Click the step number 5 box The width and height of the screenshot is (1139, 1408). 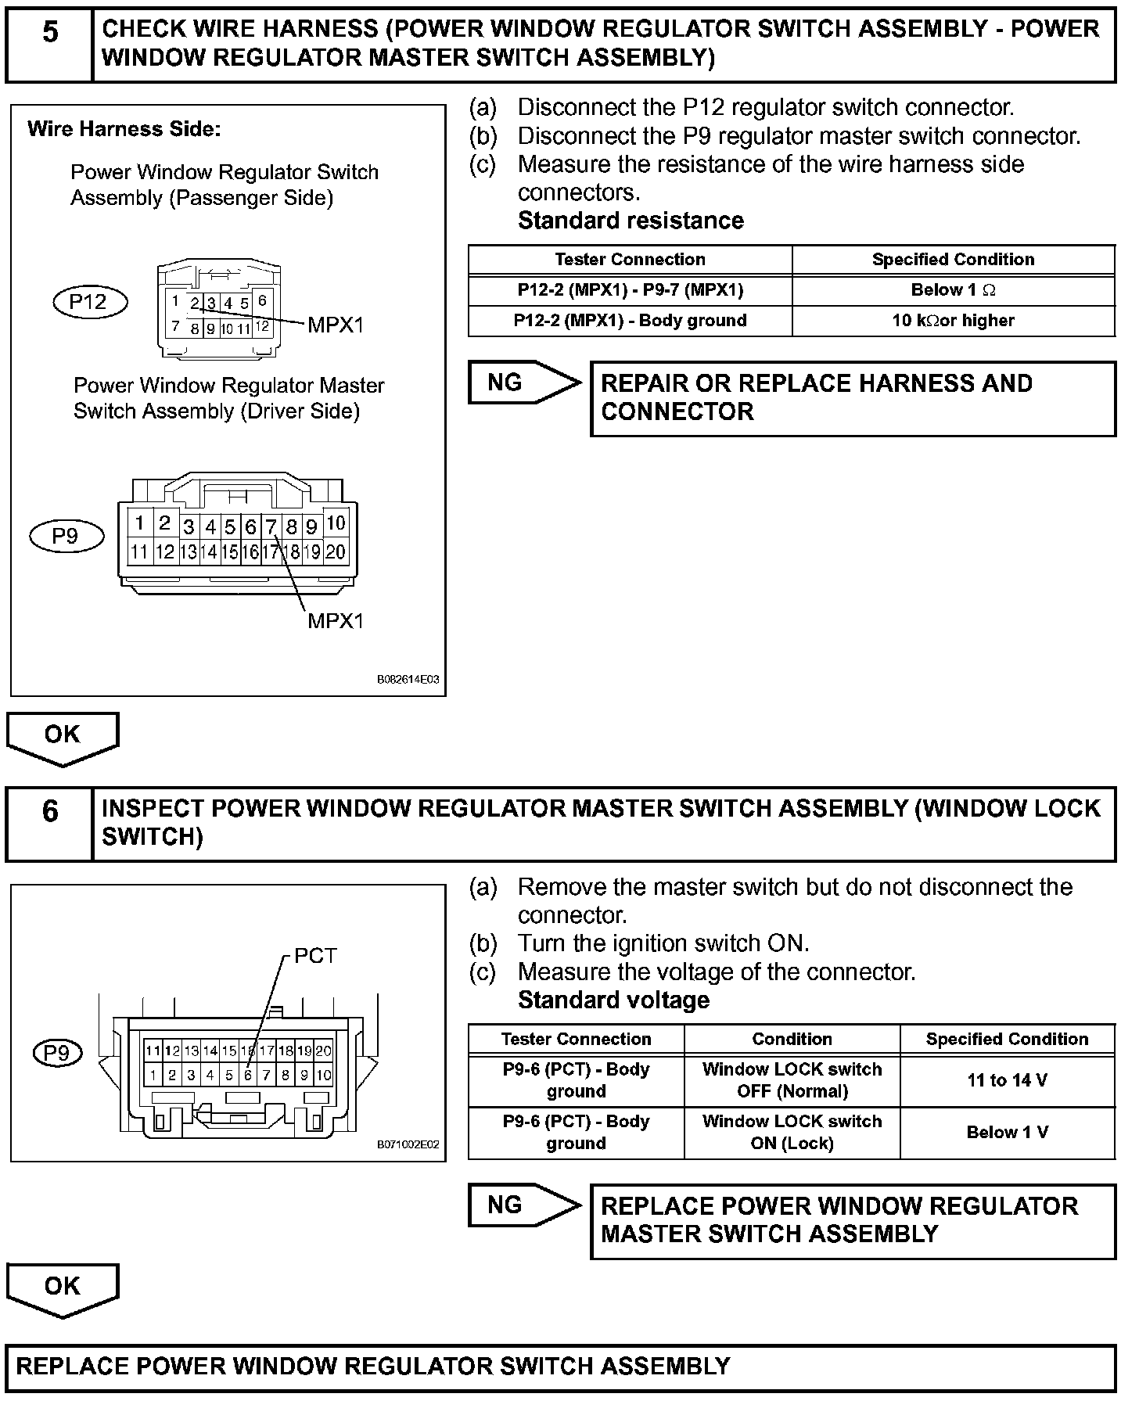[x=49, y=43]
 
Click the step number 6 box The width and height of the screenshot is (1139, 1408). [x=49, y=823]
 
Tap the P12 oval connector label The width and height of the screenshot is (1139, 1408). [x=88, y=302]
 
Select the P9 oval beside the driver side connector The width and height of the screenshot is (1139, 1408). [x=66, y=536]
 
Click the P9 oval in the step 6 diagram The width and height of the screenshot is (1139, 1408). [x=57, y=1053]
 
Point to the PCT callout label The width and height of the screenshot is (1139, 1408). [x=315, y=956]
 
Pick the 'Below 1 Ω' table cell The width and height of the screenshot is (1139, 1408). [x=953, y=290]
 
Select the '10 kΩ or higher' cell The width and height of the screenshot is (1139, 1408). [x=953, y=321]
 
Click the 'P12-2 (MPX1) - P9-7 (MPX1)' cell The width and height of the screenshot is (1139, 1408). [x=630, y=290]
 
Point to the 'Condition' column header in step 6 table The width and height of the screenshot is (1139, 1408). [x=792, y=1039]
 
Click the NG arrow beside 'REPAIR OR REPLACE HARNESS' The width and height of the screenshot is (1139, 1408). [x=520, y=383]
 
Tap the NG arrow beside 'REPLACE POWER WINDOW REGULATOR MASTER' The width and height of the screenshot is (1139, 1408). [x=520, y=1205]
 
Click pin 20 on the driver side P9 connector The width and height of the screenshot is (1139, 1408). [x=336, y=552]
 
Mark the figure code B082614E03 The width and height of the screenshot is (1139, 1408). [x=408, y=680]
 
